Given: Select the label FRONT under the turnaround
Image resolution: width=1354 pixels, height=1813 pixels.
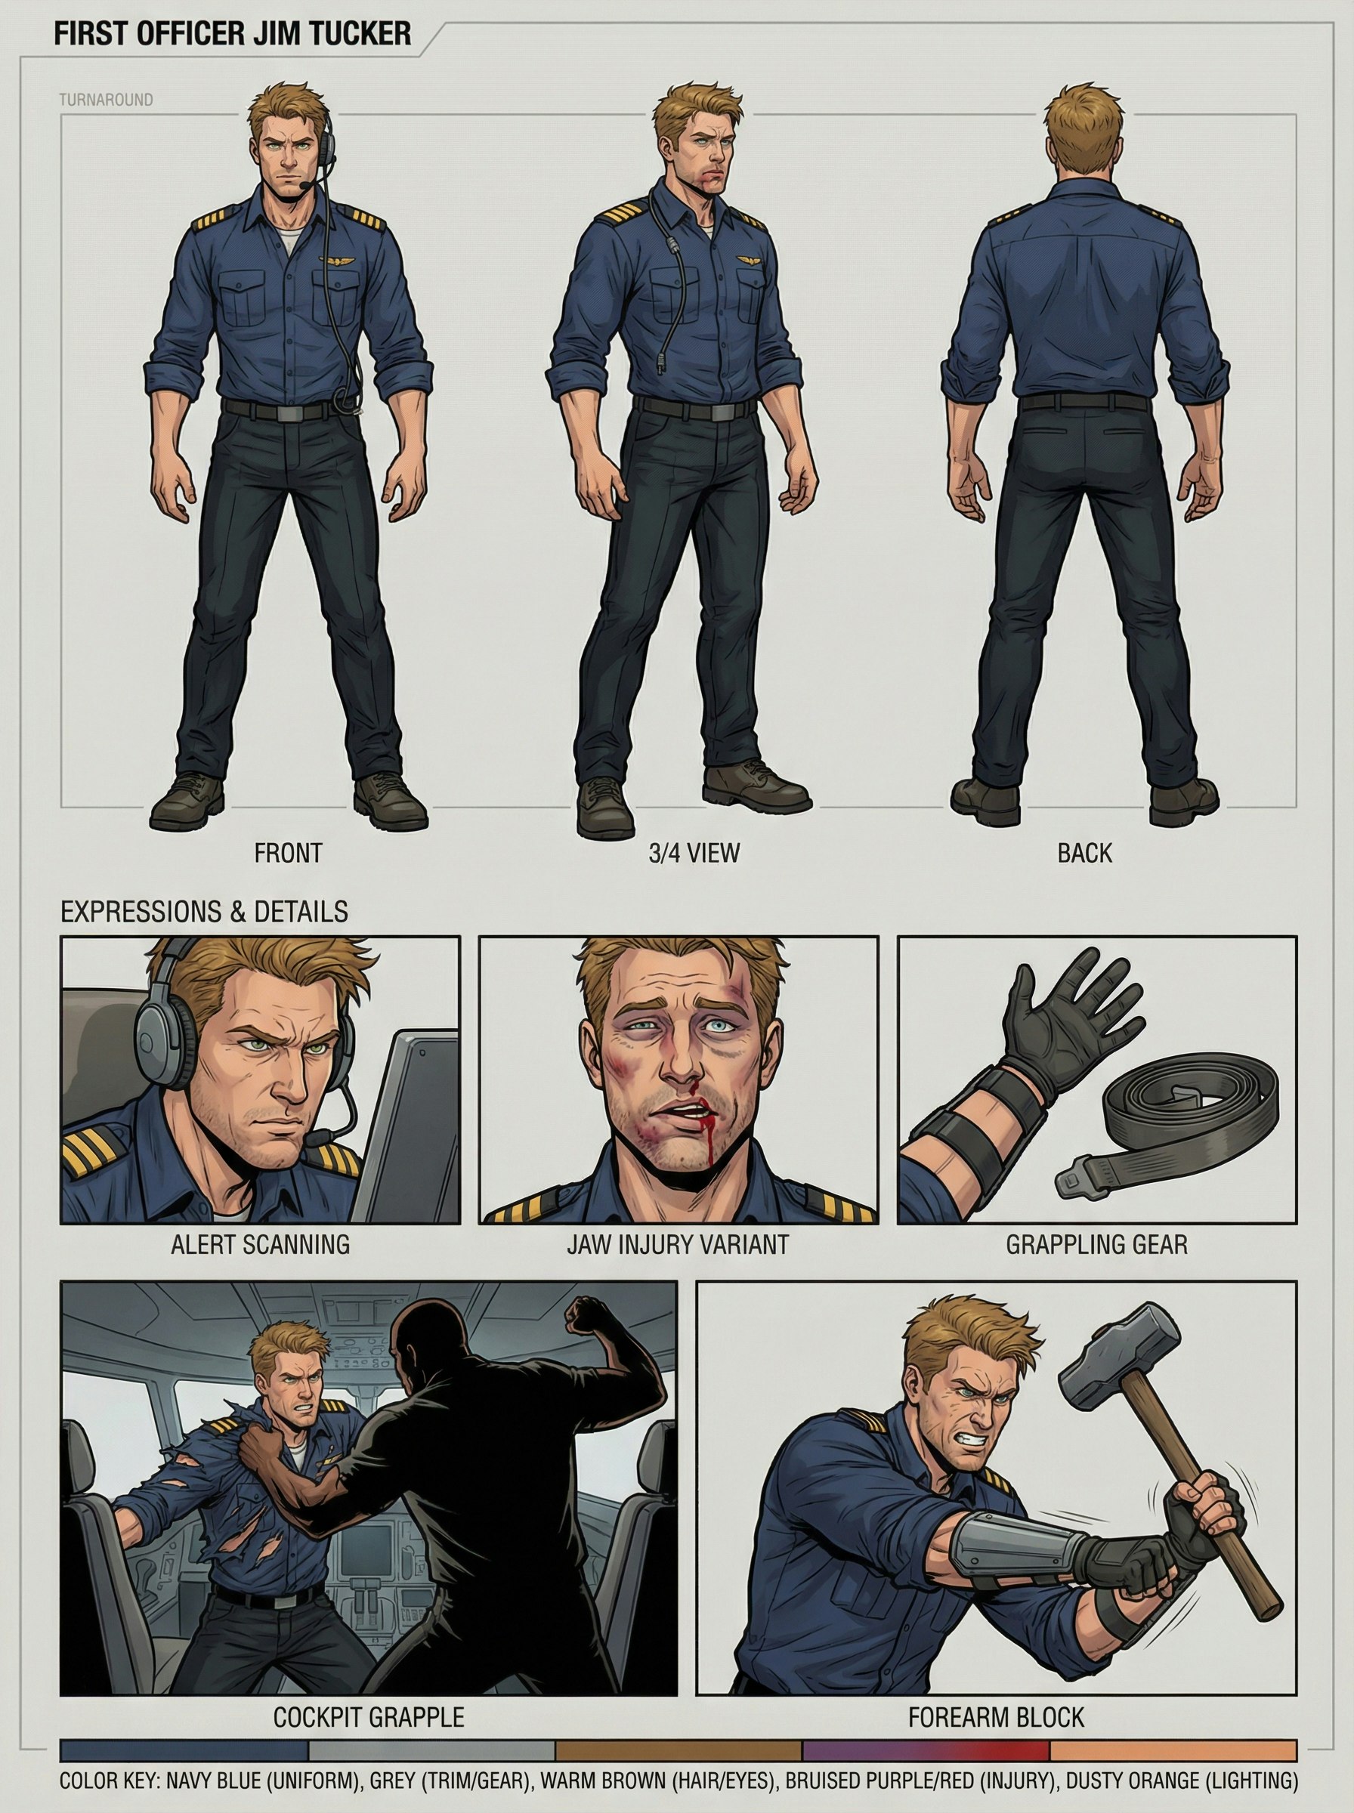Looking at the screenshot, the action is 288,853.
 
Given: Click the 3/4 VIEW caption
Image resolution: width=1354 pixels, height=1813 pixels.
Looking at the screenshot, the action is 694,853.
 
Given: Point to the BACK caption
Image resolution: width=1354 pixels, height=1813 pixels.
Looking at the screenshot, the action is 1084,853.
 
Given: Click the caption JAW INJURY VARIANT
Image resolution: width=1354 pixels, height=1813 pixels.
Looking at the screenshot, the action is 677,1245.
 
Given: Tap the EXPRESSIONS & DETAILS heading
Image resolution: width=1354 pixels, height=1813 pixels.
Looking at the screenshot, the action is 204,912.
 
